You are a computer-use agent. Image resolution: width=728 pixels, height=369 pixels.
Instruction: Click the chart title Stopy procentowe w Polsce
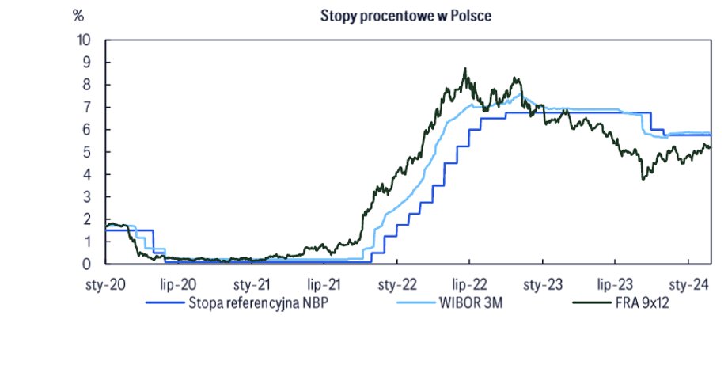click(x=406, y=16)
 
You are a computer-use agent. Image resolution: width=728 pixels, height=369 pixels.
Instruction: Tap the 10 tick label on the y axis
click(x=83, y=40)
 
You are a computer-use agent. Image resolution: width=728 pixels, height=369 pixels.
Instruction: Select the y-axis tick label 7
click(x=87, y=107)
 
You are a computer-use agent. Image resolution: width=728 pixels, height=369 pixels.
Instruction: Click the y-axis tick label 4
click(x=87, y=174)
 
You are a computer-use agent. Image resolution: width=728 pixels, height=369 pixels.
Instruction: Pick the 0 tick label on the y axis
click(x=87, y=264)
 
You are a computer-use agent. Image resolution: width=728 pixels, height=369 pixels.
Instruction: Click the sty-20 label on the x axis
click(x=106, y=284)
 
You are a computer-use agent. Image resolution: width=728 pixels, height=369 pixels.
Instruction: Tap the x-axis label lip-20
click(x=178, y=284)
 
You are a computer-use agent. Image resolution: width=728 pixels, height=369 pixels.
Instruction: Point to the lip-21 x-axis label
click(x=324, y=284)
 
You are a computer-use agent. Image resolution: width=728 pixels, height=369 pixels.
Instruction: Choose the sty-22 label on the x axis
click(x=396, y=284)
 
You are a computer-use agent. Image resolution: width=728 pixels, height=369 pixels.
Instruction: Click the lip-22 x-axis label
click(x=468, y=284)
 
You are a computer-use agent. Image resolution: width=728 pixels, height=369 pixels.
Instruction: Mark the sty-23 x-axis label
click(x=542, y=284)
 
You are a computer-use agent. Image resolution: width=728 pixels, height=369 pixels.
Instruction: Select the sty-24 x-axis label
click(x=688, y=284)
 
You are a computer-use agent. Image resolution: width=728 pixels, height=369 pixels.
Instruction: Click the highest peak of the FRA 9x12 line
click(x=465, y=69)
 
